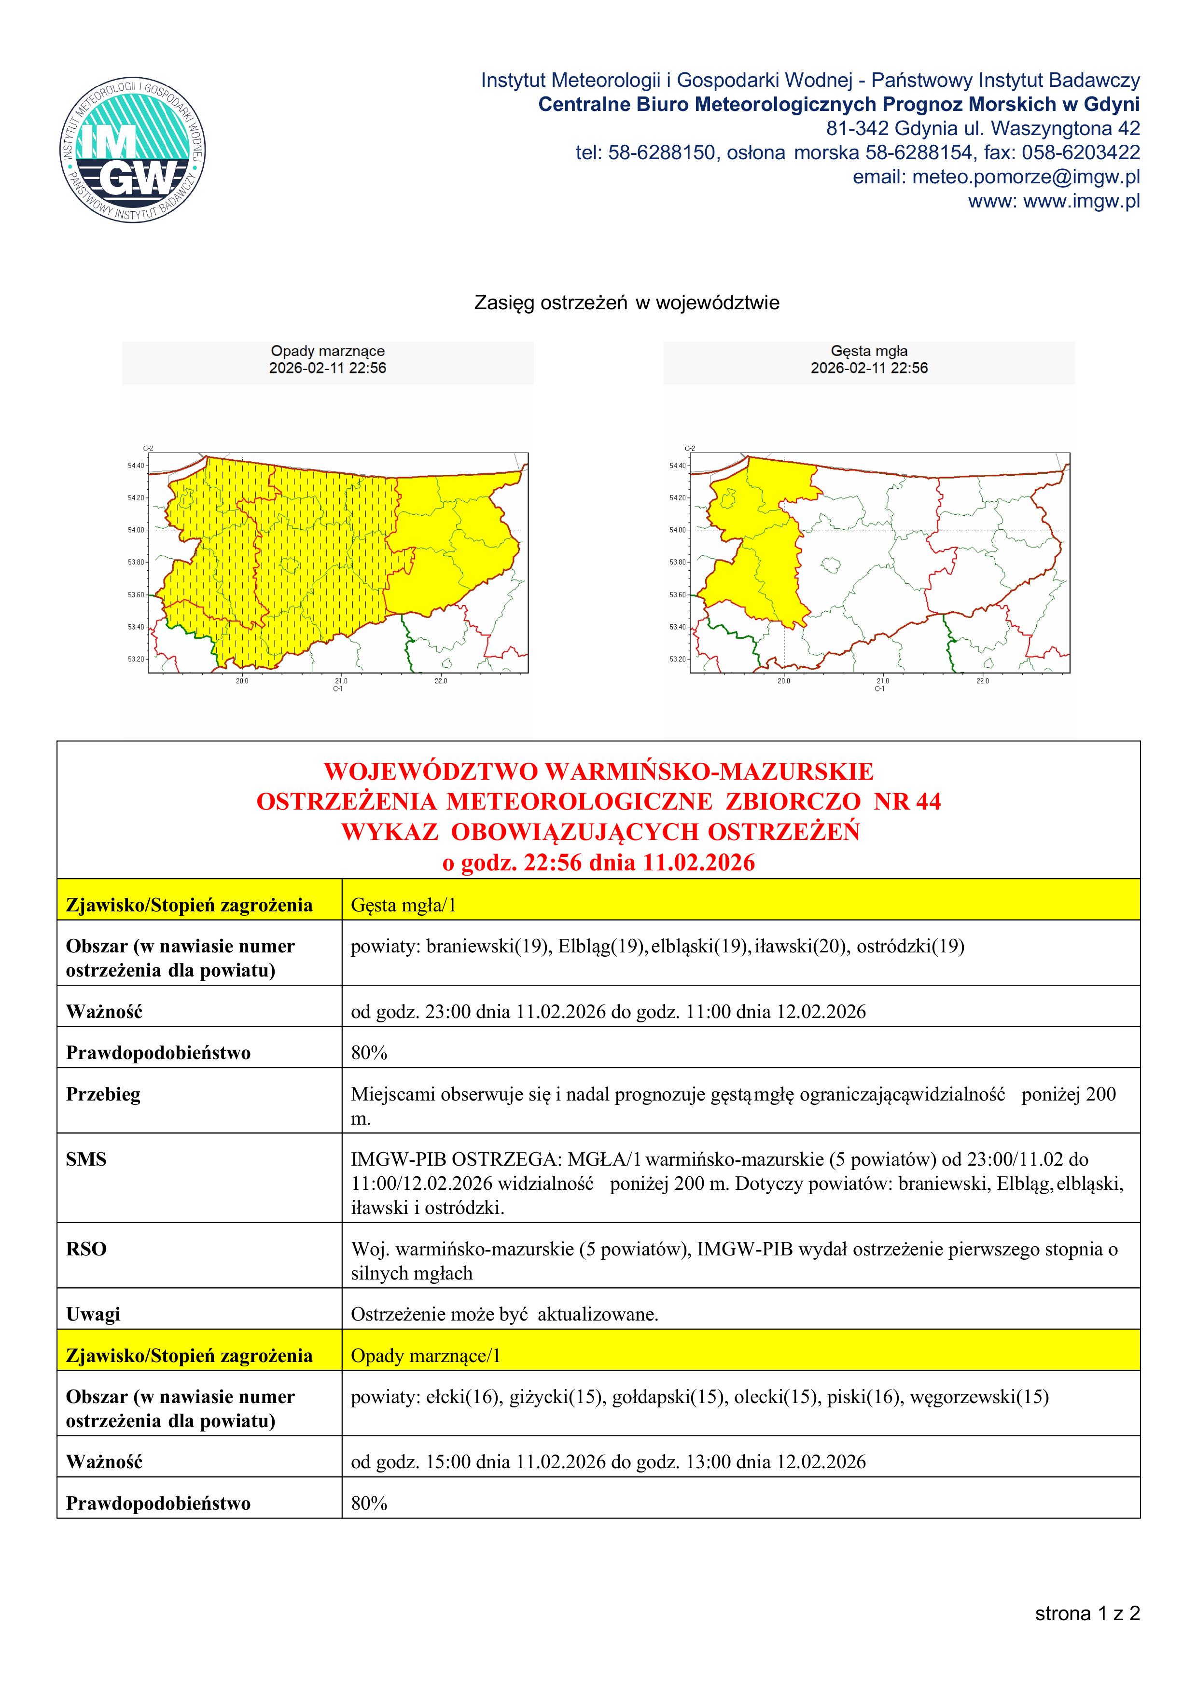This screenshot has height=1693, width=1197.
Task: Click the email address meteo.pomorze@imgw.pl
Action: pos(1025,177)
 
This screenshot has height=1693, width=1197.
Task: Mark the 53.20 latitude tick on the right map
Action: pos(678,659)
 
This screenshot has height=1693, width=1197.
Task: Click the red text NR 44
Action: pos(907,801)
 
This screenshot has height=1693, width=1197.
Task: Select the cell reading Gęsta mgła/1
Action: pos(404,905)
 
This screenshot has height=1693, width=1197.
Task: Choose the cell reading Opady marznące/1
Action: pos(426,1355)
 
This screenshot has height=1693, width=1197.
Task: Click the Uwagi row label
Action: pos(93,1314)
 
